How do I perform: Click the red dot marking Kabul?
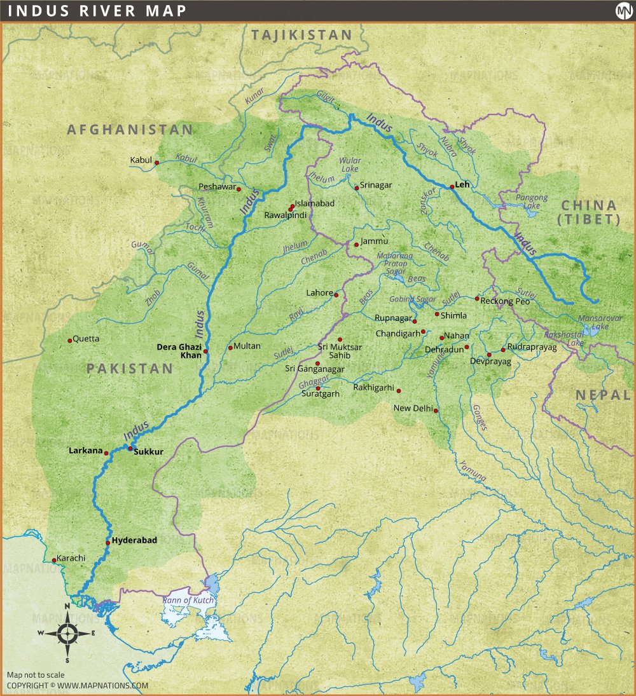(x=156, y=162)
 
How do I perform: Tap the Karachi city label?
(x=71, y=558)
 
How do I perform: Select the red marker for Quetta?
(x=70, y=341)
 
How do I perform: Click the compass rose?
(x=67, y=632)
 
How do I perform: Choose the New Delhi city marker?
(x=436, y=411)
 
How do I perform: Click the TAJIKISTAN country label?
(x=301, y=35)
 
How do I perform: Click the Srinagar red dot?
(x=357, y=188)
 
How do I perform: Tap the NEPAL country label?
(x=602, y=395)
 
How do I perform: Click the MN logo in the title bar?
(x=623, y=11)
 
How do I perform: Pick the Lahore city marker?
(x=336, y=295)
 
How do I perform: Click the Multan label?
(x=247, y=346)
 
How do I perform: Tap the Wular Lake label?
(x=350, y=165)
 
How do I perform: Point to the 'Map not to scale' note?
(x=36, y=675)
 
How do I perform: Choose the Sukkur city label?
(x=149, y=452)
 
